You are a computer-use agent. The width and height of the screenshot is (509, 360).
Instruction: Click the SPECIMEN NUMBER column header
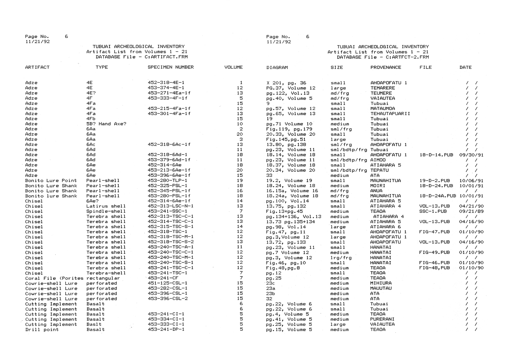pos(170,67)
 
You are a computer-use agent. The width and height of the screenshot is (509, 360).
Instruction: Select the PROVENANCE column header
pos(386,67)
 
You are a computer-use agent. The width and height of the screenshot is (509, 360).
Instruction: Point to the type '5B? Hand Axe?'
pos(106,124)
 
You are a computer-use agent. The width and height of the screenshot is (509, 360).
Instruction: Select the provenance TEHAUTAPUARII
pos(390,114)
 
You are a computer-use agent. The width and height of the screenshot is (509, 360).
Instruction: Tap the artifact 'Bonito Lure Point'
pos(51,181)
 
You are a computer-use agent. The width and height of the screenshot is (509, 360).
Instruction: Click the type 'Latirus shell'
pos(106,206)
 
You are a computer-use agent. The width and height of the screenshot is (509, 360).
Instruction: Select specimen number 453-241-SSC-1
pos(167,211)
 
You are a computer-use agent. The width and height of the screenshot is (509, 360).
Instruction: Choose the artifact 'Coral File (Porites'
pos(54,278)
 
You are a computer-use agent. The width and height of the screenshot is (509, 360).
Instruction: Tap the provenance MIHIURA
pos(381,283)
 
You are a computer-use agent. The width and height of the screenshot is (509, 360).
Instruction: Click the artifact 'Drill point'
pos(42,330)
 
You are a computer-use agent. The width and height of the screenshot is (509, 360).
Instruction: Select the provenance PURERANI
pos(382,319)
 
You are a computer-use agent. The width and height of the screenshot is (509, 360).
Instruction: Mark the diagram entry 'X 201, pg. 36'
pos(286,83)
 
